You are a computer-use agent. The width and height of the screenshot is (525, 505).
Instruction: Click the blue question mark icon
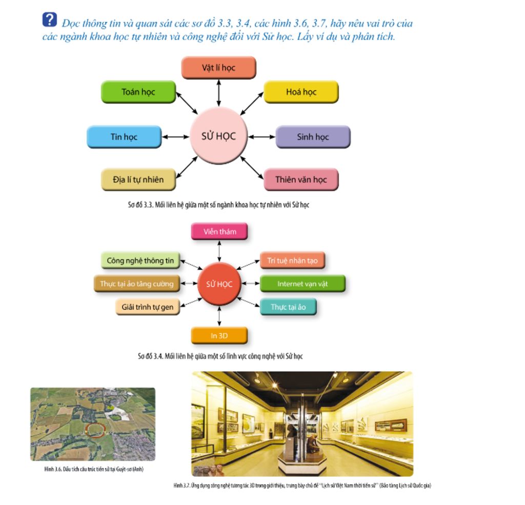pos(49,20)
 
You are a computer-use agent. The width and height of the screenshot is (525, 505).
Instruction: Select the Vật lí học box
pos(218,68)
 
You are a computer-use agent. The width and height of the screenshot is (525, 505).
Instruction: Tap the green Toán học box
pos(138,92)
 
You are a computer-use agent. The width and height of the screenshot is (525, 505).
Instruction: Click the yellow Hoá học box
pos(301,92)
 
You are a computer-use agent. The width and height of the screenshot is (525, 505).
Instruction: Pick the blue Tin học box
pos(124,137)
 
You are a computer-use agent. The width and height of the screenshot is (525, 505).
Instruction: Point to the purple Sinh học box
pos(313,137)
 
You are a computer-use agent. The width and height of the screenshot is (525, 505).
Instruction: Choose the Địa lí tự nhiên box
pos(138,180)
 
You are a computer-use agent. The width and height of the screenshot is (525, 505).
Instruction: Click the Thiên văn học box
pos(301,180)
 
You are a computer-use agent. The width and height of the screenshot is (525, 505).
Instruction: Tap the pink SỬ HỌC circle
pos(219,136)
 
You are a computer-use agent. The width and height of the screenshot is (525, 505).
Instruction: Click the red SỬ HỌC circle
pos(219,284)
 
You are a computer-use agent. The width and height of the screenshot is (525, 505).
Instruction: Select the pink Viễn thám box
pos(219,232)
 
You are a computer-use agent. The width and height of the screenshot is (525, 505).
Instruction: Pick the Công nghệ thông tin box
pos(140,261)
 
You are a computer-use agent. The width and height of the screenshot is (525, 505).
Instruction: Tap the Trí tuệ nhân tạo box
pos(292,261)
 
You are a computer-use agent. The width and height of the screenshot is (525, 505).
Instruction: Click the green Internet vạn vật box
pos(302,284)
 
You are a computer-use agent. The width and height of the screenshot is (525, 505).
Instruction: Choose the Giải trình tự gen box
pos(147,308)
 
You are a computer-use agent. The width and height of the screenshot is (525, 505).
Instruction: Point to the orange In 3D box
pos(219,336)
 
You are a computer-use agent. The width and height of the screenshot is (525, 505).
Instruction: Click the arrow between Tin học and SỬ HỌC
pos(176,137)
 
